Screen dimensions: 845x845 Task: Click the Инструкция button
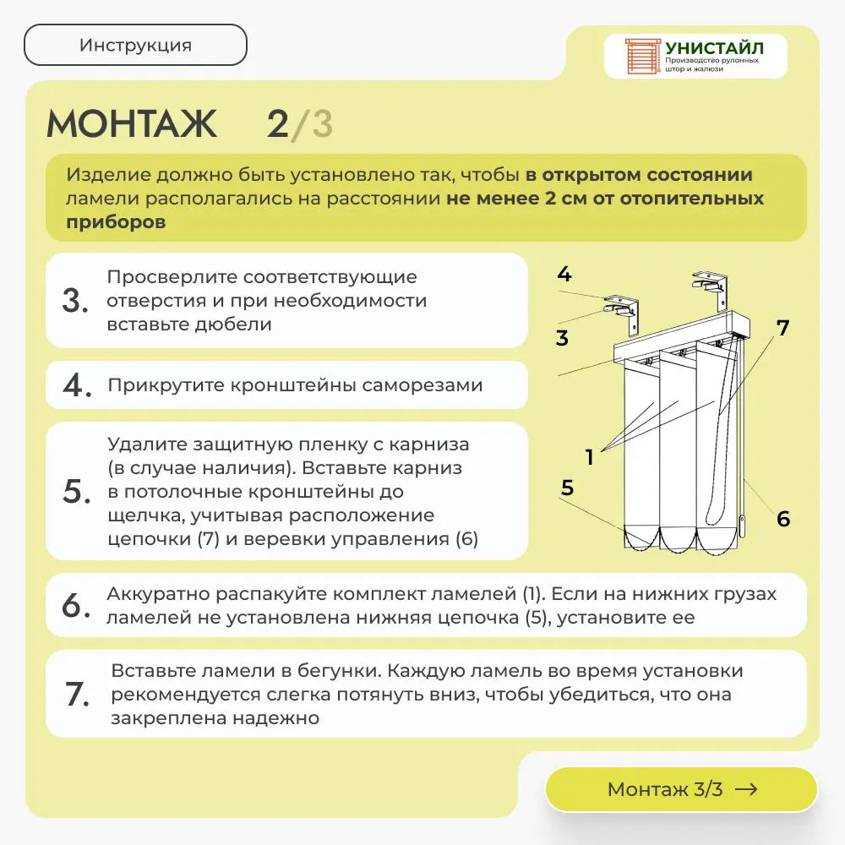click(135, 45)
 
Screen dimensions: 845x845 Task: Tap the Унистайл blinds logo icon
click(642, 56)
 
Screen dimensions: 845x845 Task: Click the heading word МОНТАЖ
click(132, 124)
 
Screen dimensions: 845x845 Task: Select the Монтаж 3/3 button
click(681, 789)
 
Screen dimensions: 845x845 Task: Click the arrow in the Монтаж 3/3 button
click(746, 789)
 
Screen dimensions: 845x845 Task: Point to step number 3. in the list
click(75, 301)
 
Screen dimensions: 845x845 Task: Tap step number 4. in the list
click(77, 384)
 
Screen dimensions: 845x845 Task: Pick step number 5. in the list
click(77, 492)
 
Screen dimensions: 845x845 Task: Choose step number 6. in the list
click(76, 605)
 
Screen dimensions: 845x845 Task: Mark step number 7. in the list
click(77, 694)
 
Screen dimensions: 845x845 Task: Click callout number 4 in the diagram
click(564, 275)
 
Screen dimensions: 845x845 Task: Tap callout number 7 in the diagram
click(783, 328)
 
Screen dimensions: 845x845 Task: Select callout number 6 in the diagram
click(783, 519)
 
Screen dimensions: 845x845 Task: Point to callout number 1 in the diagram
click(590, 457)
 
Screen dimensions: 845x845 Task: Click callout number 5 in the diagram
click(568, 488)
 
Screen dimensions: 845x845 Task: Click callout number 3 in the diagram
click(562, 338)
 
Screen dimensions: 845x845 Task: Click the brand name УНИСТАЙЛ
click(715, 48)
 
